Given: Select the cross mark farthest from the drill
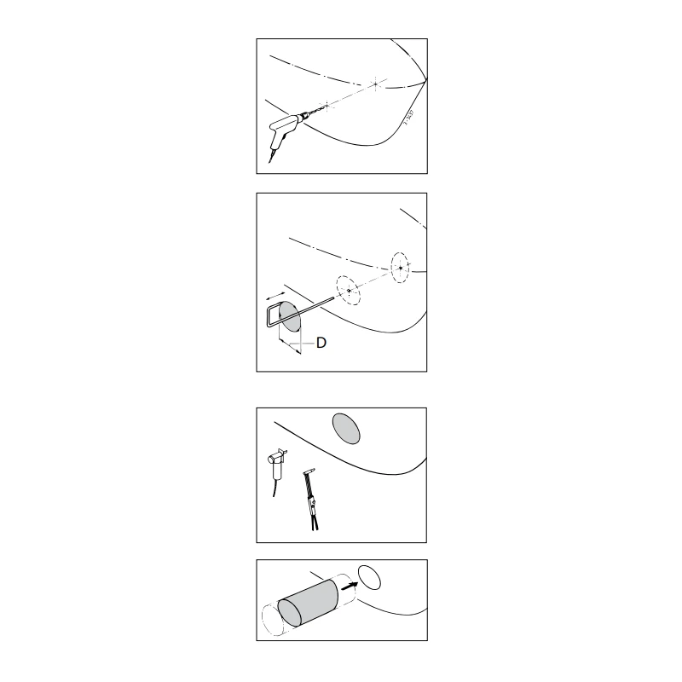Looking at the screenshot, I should pos(376,84).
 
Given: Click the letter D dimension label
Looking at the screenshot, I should pos(321,343).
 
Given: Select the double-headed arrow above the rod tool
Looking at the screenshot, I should pos(275,295).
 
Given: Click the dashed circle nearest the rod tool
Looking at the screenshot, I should pos(349,292).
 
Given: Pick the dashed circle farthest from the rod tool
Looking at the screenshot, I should pos(399,269).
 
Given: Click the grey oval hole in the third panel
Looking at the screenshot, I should pos(345,427).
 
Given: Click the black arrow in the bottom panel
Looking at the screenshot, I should pos(347,585).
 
